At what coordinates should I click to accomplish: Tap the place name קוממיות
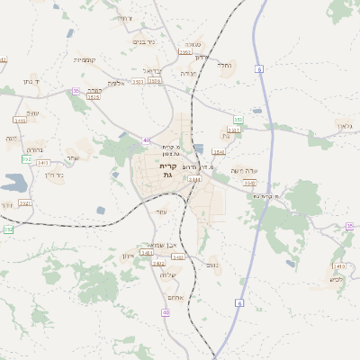click(x=85, y=60)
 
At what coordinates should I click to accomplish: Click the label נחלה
click(x=226, y=65)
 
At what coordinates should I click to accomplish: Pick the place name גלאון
click(x=346, y=126)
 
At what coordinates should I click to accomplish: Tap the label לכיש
click(x=337, y=279)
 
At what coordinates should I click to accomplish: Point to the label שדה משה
click(x=244, y=170)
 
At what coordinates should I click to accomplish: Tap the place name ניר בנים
click(x=143, y=40)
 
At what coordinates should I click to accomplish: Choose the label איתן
click(x=127, y=256)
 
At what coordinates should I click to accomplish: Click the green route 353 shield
click(x=238, y=119)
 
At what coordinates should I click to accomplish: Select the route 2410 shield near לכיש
click(x=339, y=266)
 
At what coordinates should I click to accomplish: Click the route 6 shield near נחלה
click(x=258, y=68)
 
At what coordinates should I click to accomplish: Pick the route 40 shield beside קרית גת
click(x=147, y=139)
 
